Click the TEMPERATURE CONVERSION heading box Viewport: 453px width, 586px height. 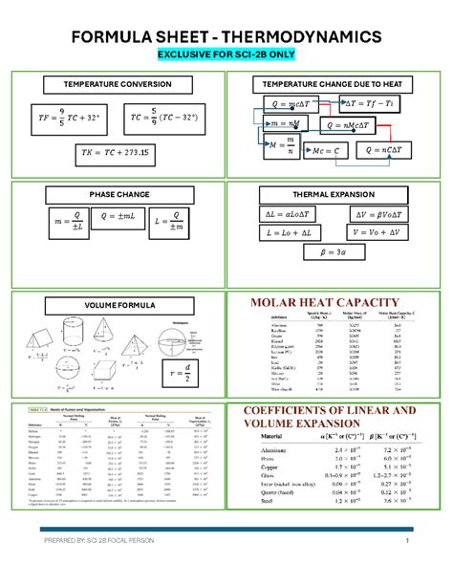[118, 84]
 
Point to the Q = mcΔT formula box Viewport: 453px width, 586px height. [286, 104]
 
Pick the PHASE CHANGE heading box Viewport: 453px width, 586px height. [119, 194]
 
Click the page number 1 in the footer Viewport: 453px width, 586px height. [406, 544]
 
